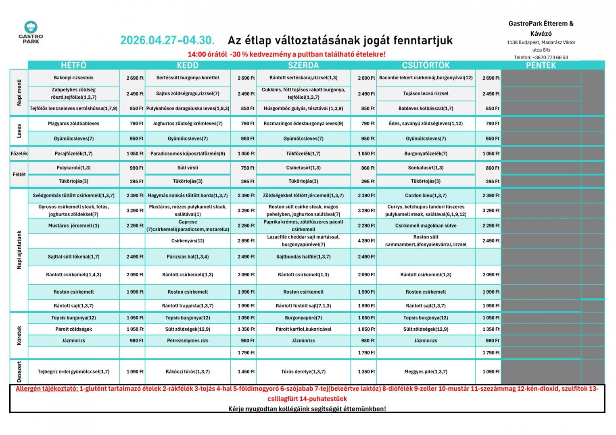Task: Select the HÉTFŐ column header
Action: coord(73,65)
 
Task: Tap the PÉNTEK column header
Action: coord(541,65)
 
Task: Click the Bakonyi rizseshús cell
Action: coord(73,78)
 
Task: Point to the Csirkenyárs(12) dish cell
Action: coord(188,241)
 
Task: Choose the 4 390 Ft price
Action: coord(363,241)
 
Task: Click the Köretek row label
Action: coord(19,336)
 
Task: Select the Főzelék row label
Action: coord(19,153)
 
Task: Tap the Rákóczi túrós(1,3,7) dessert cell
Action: coord(188,372)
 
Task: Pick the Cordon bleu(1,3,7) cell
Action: coord(426,195)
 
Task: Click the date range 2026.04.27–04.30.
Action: coord(167,41)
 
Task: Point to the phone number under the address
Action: coord(541,57)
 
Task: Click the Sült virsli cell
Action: coord(188,168)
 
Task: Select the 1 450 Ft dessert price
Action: coord(243,372)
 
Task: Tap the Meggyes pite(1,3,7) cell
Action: coord(426,372)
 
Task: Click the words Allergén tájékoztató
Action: coord(47,389)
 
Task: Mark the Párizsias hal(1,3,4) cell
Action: coord(188,257)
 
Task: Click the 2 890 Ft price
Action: coord(243,241)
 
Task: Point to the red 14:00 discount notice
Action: coord(286,54)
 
